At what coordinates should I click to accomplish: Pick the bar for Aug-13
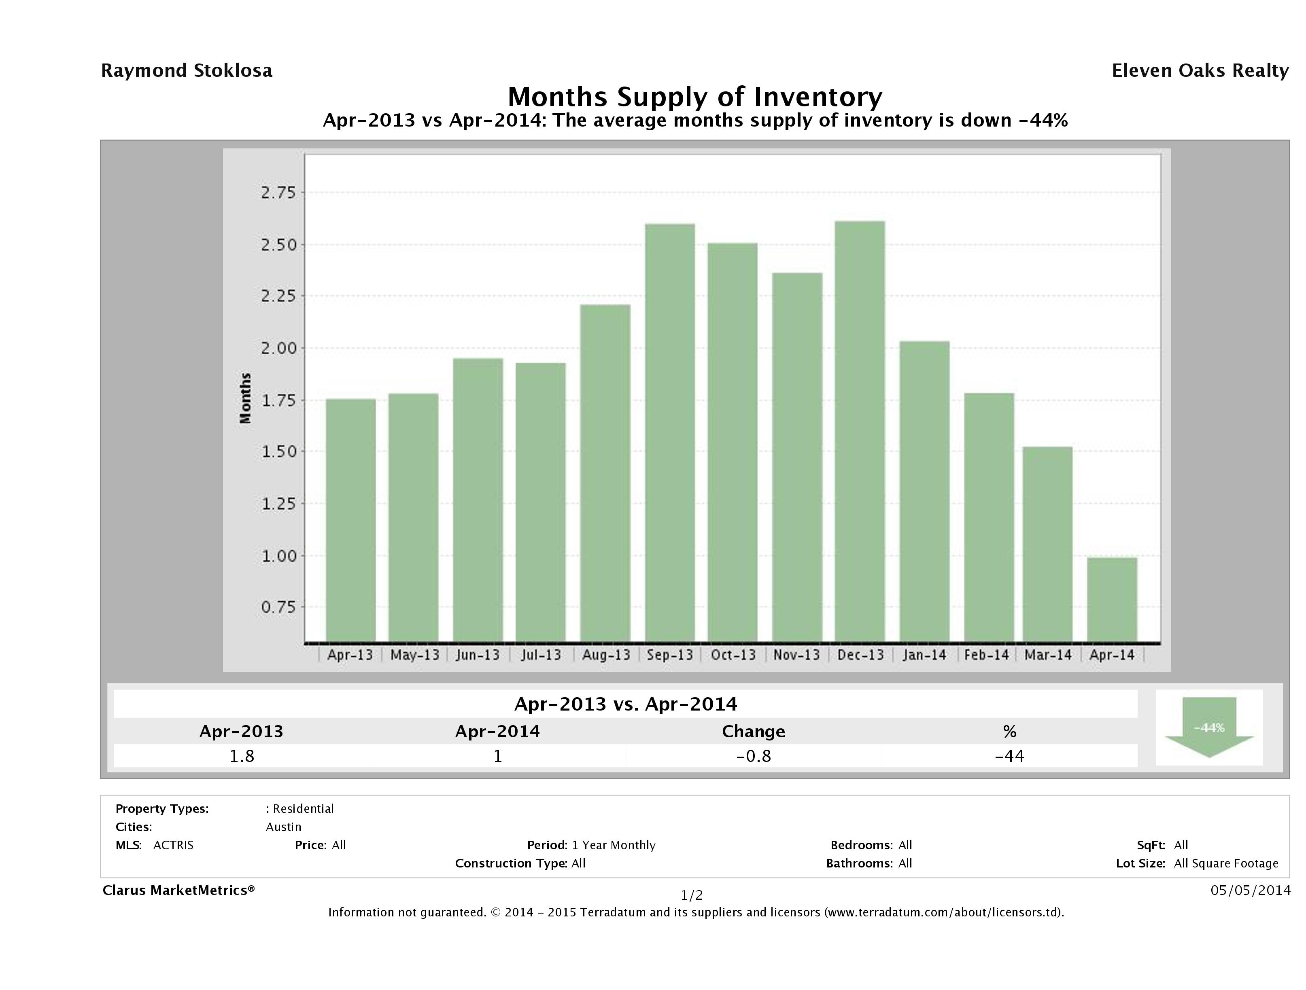click(x=605, y=473)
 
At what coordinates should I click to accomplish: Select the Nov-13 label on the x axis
click(x=796, y=655)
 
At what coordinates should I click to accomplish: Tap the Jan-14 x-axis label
click(x=924, y=655)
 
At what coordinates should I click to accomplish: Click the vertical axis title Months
click(x=245, y=398)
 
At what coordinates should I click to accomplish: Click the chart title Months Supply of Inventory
click(x=695, y=97)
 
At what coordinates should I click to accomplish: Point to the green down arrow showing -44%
click(x=1208, y=728)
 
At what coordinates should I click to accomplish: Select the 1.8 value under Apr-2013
click(x=242, y=756)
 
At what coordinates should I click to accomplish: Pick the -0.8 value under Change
click(x=754, y=756)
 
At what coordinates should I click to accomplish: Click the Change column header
click(x=754, y=732)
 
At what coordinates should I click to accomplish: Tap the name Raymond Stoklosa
click(x=187, y=71)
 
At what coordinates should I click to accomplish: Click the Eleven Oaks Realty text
click(x=1200, y=71)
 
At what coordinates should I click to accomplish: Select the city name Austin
click(x=283, y=827)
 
